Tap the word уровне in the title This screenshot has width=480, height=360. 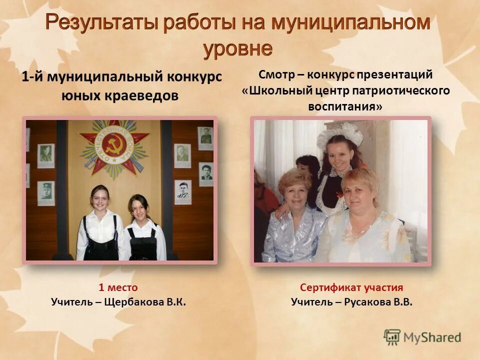238,49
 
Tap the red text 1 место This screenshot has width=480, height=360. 118,287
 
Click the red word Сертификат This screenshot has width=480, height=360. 330,287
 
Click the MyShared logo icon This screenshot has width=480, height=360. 392,337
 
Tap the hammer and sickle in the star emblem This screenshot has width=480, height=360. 113,145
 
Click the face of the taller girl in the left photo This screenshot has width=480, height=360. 99,198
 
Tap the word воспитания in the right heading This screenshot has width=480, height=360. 344,106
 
